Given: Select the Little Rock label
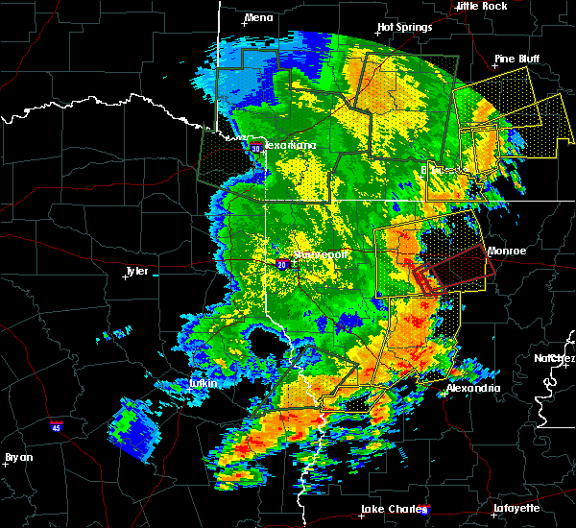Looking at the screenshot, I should (482, 6).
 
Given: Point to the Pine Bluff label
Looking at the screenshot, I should (517, 59).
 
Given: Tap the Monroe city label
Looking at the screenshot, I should (507, 251).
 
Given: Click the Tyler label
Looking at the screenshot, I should (137, 272).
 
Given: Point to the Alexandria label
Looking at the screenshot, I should (473, 388).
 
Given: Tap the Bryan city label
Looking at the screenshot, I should (19, 457).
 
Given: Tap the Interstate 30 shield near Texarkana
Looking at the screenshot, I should (256, 149).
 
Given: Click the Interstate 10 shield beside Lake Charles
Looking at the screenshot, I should (425, 511).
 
